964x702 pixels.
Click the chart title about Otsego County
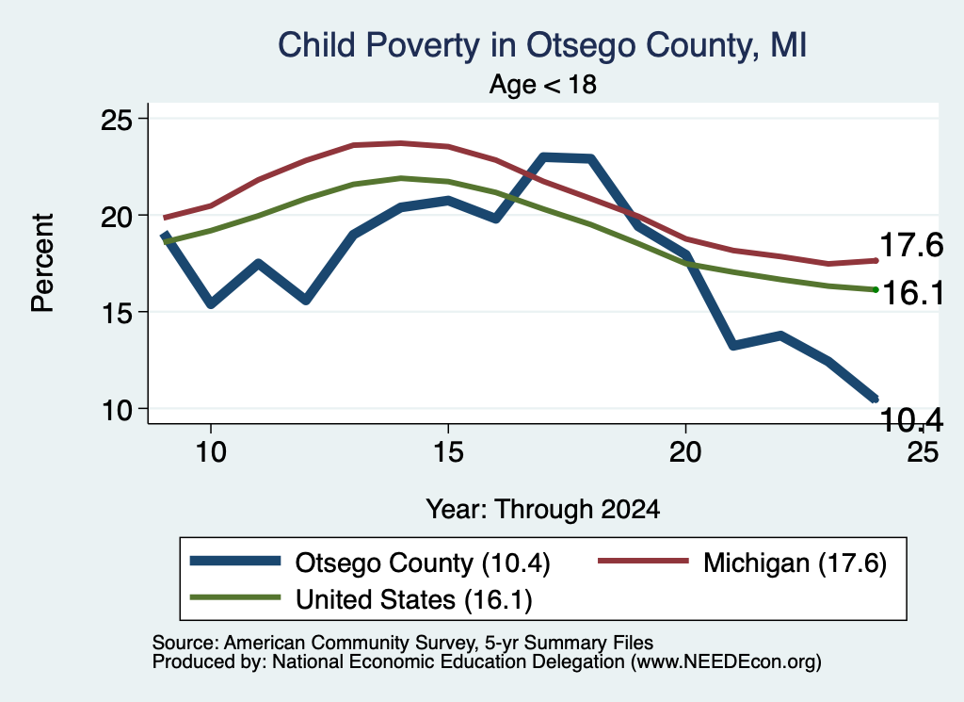point(542,45)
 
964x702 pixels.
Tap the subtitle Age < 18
point(543,84)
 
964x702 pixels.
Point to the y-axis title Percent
point(43,263)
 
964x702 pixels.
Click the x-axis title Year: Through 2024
point(543,510)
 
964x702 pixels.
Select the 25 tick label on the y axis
point(117,120)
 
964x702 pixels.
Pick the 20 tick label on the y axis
point(117,217)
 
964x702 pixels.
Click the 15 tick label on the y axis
point(117,313)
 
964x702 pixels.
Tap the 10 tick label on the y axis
point(117,410)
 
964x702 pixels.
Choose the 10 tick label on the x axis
point(211,452)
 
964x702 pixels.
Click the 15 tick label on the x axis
point(448,452)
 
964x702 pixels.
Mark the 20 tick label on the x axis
point(685,452)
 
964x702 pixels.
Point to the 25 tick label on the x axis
point(923,452)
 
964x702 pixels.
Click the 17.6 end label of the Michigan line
point(911,246)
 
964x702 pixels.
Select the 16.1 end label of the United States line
point(913,293)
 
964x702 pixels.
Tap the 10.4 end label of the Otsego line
point(911,420)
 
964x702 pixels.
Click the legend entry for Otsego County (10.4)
point(370,563)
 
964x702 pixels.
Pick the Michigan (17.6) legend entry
point(743,563)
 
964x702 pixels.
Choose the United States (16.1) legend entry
point(361,599)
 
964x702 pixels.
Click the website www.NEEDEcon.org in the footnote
point(726,661)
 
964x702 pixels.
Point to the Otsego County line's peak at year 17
point(543,158)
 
